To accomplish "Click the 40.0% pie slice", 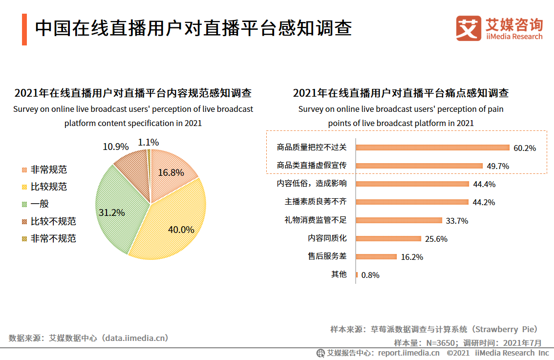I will [x=171, y=225].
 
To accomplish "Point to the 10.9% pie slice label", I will [x=116, y=147].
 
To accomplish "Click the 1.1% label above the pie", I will [x=149, y=142].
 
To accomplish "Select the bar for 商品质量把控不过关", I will [x=432, y=147].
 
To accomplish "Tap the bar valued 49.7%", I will [x=419, y=166].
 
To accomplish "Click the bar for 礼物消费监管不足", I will [x=399, y=220].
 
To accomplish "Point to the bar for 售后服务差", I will [x=376, y=256].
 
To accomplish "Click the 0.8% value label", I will [x=370, y=275].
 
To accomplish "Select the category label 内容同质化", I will [x=327, y=238].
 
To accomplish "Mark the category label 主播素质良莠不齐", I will [x=316, y=202].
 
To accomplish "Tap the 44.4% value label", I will [x=484, y=184].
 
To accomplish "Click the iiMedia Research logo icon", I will [x=468, y=28].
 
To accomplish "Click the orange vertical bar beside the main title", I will [x=24, y=30].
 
